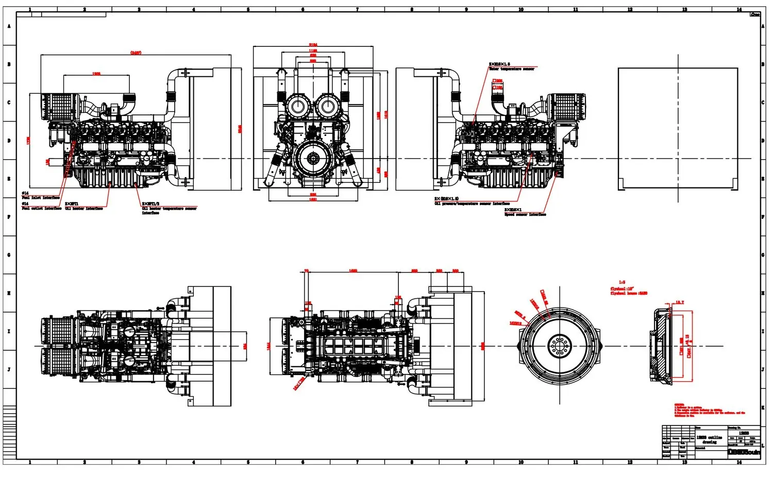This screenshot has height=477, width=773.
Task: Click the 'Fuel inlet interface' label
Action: point(43,198)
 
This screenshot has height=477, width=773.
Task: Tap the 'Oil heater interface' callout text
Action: point(84,209)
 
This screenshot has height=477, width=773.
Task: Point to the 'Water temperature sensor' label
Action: point(511,69)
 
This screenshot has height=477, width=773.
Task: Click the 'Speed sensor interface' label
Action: point(525,214)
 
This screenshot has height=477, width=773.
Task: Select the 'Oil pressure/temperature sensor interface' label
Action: point(472,203)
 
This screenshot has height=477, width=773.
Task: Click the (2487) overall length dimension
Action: point(136,53)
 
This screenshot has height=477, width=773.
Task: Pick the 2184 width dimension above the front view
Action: point(313,45)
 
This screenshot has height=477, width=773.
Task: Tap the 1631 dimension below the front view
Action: point(313,199)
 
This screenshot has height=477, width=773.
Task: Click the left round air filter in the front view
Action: point(297,107)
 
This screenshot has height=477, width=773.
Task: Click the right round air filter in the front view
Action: point(328,107)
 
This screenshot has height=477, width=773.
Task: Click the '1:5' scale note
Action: point(622,282)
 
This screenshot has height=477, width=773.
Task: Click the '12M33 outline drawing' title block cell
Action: point(710,439)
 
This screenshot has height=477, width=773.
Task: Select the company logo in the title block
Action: point(744,452)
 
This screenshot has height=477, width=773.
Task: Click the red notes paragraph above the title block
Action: point(709,410)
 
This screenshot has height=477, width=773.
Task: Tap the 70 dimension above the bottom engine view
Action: point(307,271)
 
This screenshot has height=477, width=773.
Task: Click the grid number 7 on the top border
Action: point(357,9)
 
